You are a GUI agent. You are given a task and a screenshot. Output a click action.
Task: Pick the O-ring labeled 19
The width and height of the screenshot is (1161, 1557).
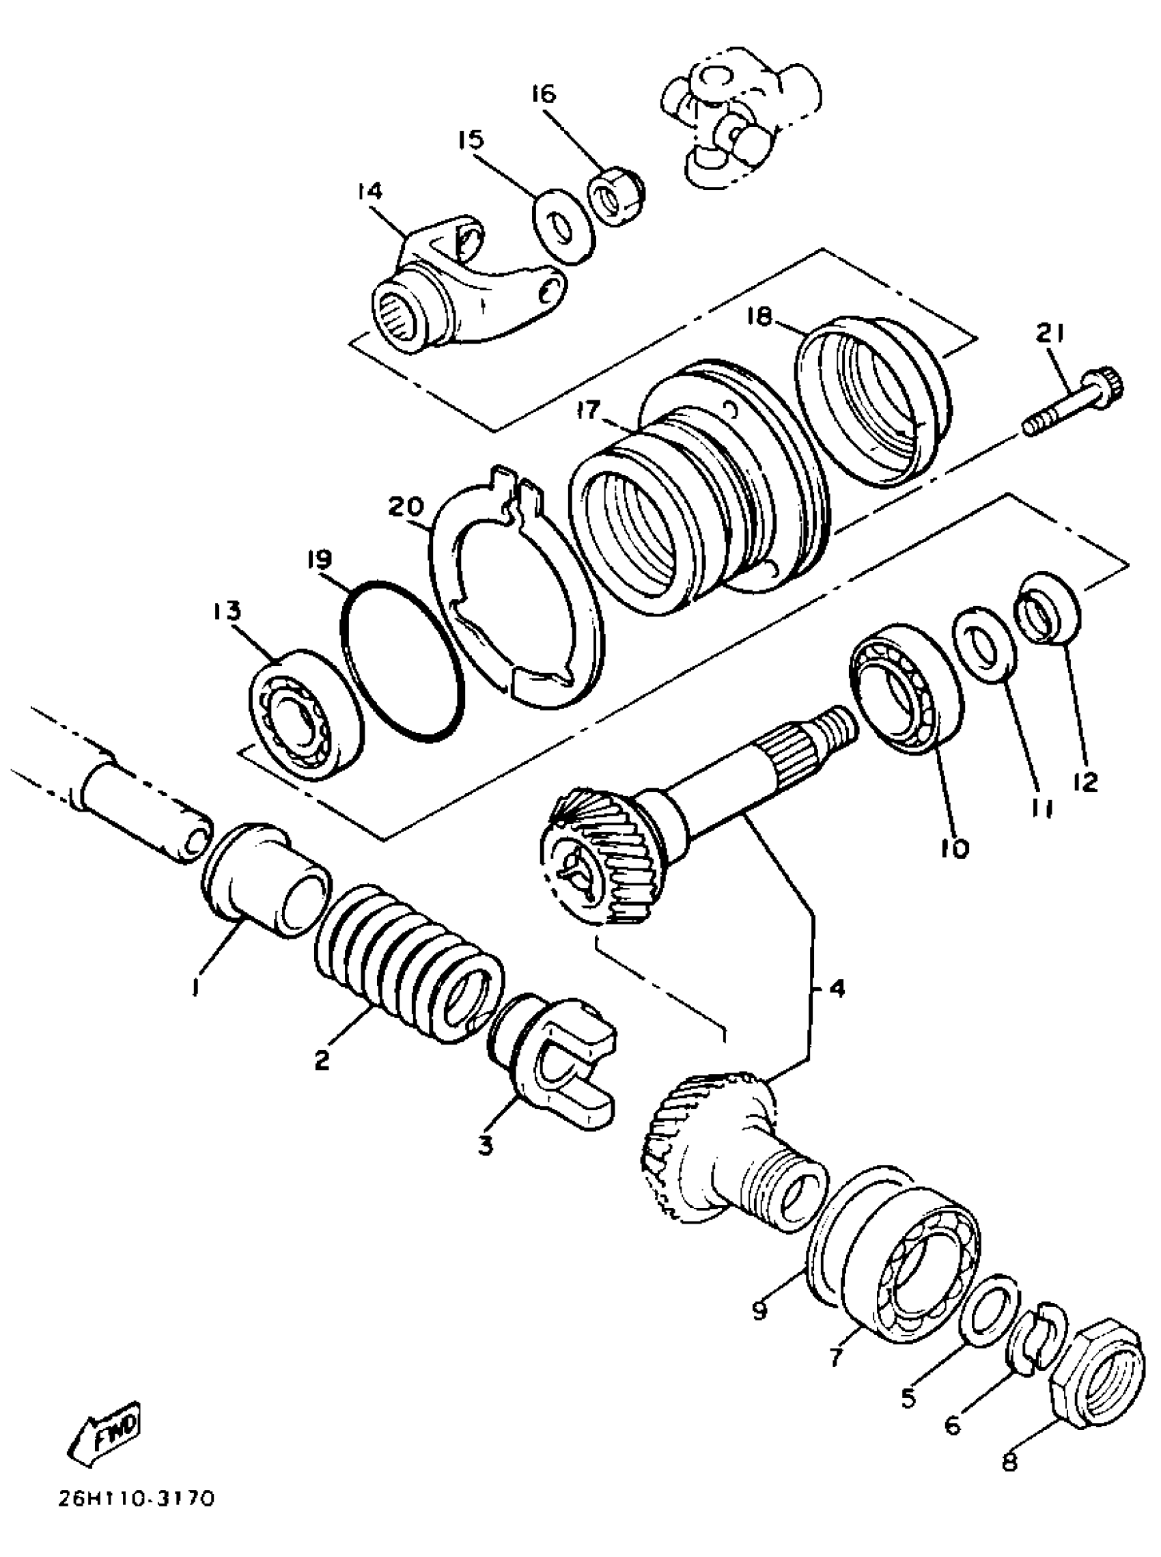(x=402, y=660)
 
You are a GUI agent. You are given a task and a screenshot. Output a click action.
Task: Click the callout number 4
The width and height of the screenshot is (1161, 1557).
(x=836, y=989)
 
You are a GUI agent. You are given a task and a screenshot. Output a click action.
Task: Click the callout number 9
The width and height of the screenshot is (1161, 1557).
(x=758, y=1310)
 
